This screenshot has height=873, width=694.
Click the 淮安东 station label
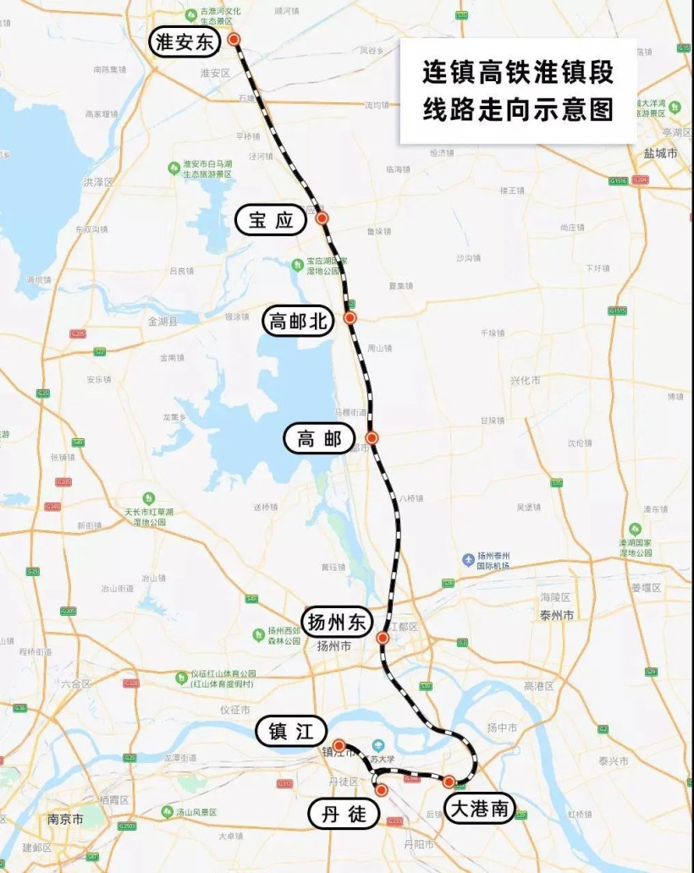pos(185,42)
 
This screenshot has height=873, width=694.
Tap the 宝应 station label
pos(270,221)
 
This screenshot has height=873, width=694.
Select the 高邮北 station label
pos(300,321)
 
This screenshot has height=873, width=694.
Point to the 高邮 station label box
pos(318,438)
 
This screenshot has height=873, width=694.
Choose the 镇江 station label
pos(291,733)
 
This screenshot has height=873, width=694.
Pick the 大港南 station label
pos(479,809)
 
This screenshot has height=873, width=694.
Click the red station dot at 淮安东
pos(234,39)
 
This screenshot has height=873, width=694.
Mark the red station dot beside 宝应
pos(322,218)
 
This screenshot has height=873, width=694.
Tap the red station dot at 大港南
pos(449,782)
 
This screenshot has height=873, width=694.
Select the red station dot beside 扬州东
pos(383,638)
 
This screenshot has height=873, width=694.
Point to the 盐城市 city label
pos(660,154)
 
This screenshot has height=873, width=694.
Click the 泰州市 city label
pos(557,615)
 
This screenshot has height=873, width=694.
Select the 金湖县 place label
pos(163,321)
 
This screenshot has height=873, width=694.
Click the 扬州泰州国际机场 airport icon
pos(468,560)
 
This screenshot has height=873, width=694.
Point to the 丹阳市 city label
pos(418,844)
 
